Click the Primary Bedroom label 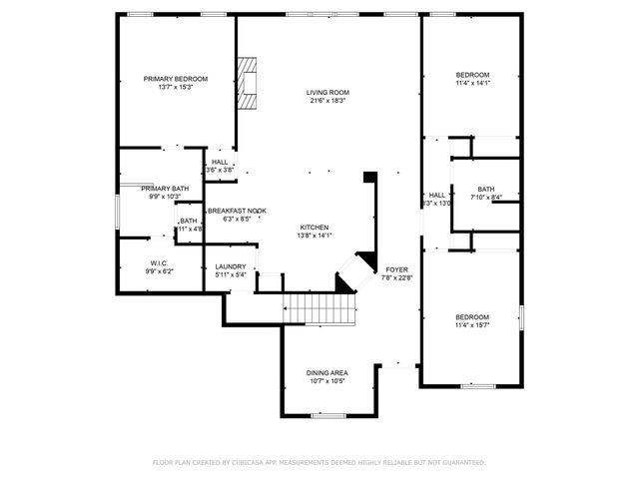tap(175, 79)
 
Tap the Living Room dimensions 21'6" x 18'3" tap(327, 101)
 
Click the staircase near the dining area tap(320, 310)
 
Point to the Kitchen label tap(314, 227)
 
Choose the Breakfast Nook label tap(236, 211)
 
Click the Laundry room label tap(231, 266)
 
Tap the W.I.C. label tap(159, 262)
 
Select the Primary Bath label tap(165, 189)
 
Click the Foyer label tap(396, 269)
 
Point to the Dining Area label tap(326, 372)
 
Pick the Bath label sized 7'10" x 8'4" tap(485, 189)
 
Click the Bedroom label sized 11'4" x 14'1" tap(472, 76)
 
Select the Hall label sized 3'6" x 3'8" tap(220, 162)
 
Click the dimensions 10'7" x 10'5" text tap(326, 381)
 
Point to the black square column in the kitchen tap(370, 177)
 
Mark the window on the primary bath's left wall tap(117, 213)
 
